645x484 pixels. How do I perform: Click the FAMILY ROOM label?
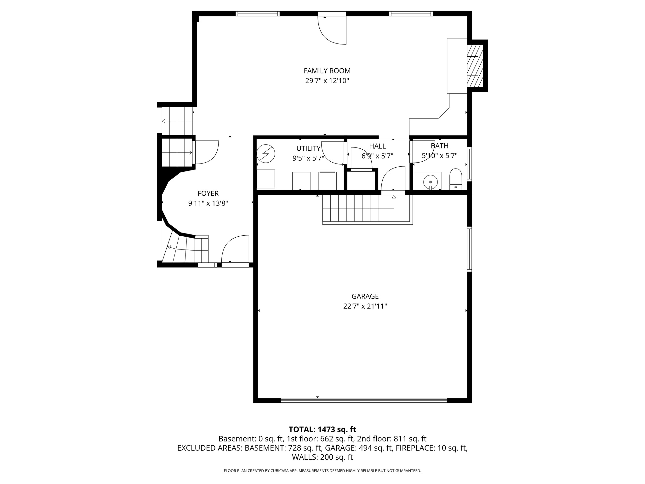click(x=327, y=71)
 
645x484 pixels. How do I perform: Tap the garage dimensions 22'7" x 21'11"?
click(x=365, y=306)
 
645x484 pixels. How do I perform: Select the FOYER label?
click(x=208, y=193)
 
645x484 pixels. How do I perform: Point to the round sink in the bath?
click(x=430, y=182)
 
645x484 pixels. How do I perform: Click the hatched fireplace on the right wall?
click(x=475, y=66)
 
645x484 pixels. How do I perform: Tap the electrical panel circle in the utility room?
click(x=266, y=154)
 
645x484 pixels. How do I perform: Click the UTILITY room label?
click(x=308, y=148)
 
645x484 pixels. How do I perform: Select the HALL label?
click(x=377, y=146)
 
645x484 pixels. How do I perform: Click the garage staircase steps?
click(x=350, y=208)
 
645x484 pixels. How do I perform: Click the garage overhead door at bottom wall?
click(x=363, y=400)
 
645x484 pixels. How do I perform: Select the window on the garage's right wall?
click(x=469, y=249)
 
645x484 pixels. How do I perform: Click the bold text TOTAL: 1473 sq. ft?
click(x=322, y=429)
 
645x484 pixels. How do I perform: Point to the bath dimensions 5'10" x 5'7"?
click(x=439, y=156)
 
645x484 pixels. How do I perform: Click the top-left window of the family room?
click(x=257, y=14)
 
